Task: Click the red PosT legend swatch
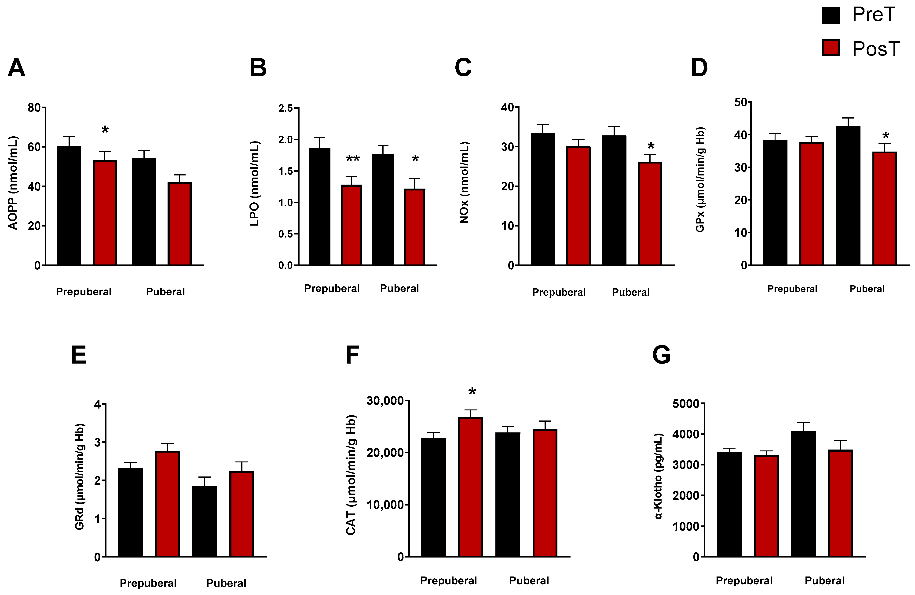(831, 48)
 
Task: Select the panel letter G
(661, 355)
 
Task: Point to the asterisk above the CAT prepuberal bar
(472, 392)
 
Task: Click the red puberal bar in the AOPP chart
(179, 224)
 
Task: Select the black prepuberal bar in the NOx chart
(542, 199)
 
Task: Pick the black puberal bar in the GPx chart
(848, 196)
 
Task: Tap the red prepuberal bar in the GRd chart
(168, 504)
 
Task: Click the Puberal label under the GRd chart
(226, 583)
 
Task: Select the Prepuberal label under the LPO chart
(332, 288)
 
